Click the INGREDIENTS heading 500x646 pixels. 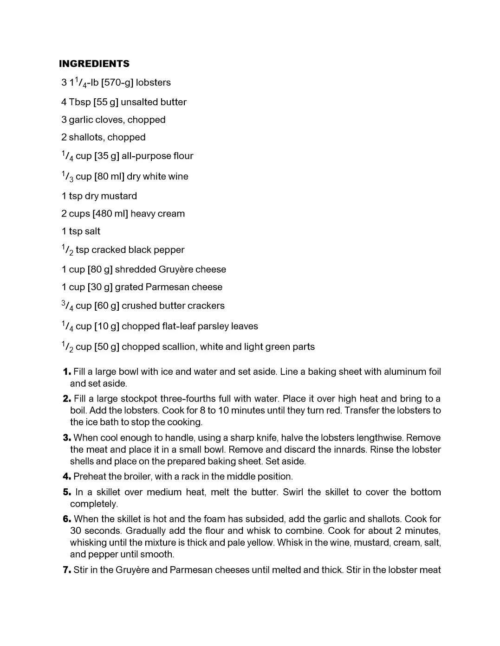94,64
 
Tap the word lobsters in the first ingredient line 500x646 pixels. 153,83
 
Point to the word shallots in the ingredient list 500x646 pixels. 85,137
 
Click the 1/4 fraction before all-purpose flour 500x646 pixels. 67,156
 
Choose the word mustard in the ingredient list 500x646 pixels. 121,196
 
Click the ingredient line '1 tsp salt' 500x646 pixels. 81,231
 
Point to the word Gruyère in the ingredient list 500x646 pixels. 175,269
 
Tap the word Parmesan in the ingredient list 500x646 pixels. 166,287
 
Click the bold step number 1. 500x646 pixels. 67,372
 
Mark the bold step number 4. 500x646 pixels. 67,477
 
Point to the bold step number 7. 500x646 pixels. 67,570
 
